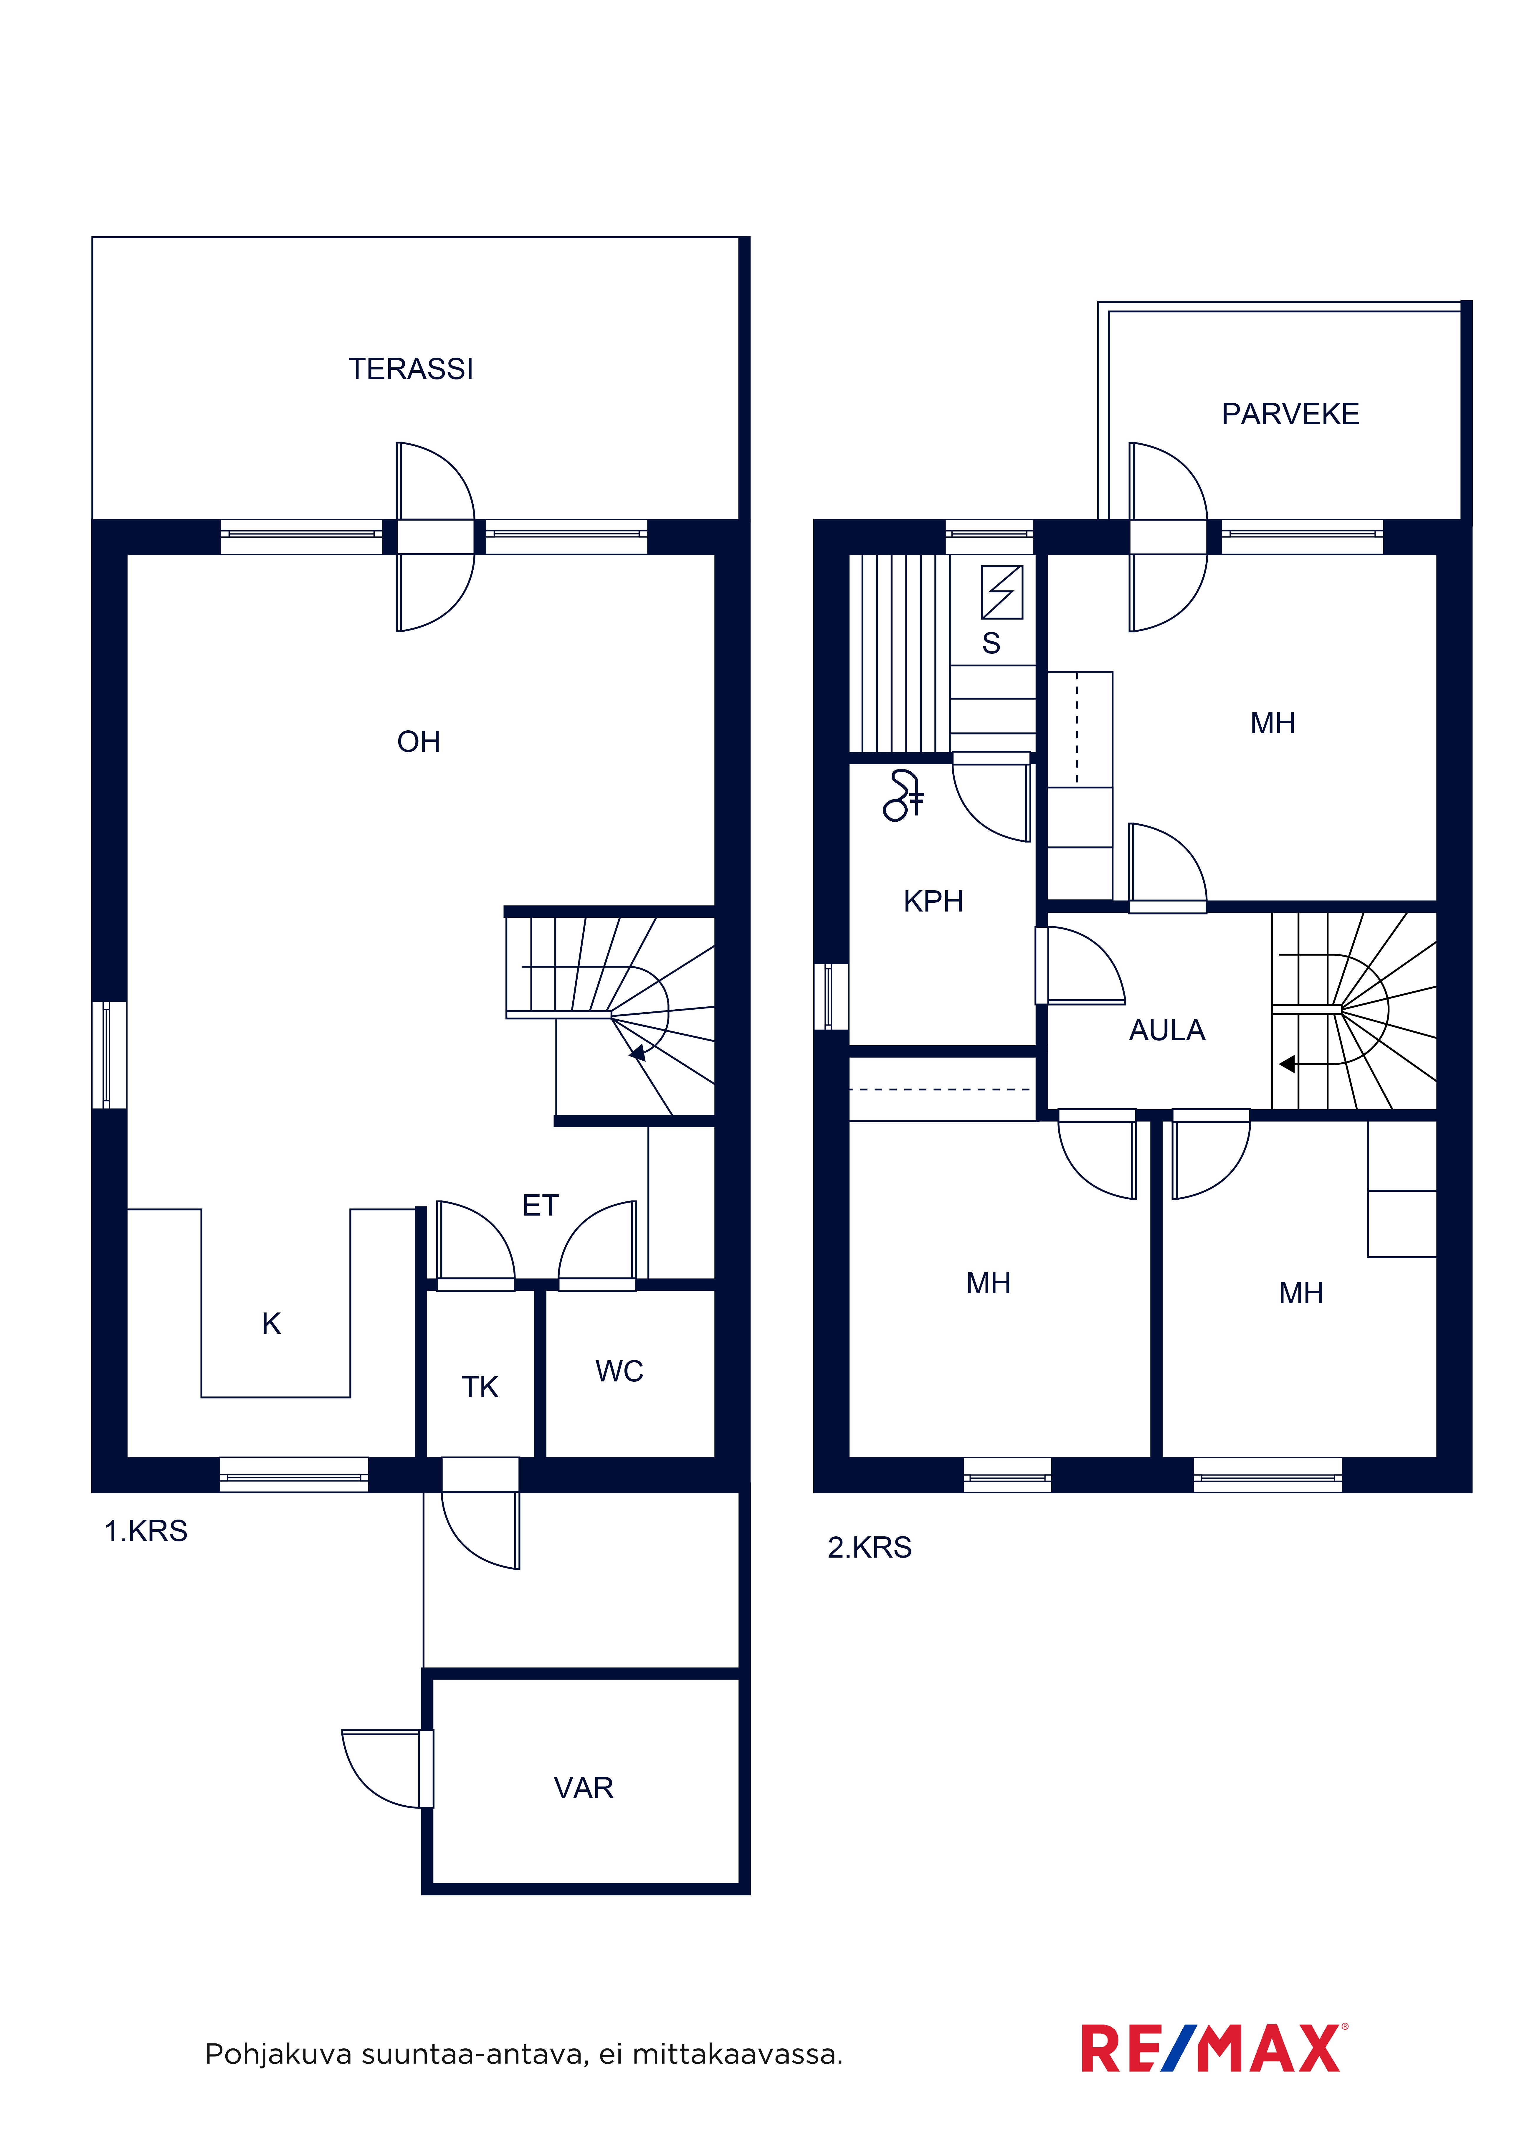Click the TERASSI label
tap(411, 369)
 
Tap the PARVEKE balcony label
tap(1290, 415)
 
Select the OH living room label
tap(418, 742)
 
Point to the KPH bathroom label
tap(933, 901)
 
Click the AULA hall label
tap(1166, 1031)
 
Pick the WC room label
tap(619, 1371)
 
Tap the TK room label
tap(480, 1387)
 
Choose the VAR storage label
tap(583, 1788)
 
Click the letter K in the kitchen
tap(271, 1323)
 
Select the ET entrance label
tap(540, 1205)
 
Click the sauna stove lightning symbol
tap(1002, 592)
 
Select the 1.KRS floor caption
tap(146, 1531)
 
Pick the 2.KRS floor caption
tap(869, 1547)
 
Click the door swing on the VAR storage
tap(380, 1769)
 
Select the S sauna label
tap(991, 643)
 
